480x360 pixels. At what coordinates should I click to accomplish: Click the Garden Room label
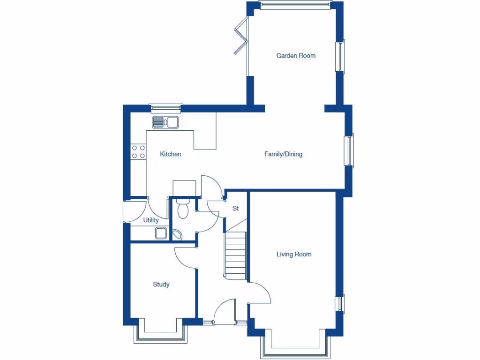pyautogui.click(x=296, y=56)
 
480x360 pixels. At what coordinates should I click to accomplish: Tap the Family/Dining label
pyautogui.click(x=283, y=154)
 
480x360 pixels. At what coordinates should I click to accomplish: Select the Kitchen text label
pyautogui.click(x=170, y=154)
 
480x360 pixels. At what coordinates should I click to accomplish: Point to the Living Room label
pyautogui.click(x=294, y=255)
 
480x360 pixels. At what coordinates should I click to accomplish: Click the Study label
pyautogui.click(x=161, y=285)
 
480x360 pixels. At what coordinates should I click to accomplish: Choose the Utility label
pyautogui.click(x=151, y=220)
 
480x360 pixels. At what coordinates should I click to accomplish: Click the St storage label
pyautogui.click(x=236, y=208)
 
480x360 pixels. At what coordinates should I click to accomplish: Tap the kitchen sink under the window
pyautogui.click(x=165, y=122)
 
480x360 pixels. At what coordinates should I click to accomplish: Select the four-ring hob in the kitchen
pyautogui.click(x=138, y=151)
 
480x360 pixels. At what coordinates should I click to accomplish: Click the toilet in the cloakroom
pyautogui.click(x=183, y=209)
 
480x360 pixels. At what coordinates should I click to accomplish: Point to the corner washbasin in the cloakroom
pyautogui.click(x=178, y=235)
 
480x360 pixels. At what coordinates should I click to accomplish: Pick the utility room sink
pyautogui.click(x=162, y=233)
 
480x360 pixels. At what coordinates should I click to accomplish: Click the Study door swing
pyautogui.click(x=186, y=257)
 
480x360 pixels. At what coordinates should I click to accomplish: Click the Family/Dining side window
pyautogui.click(x=349, y=150)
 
